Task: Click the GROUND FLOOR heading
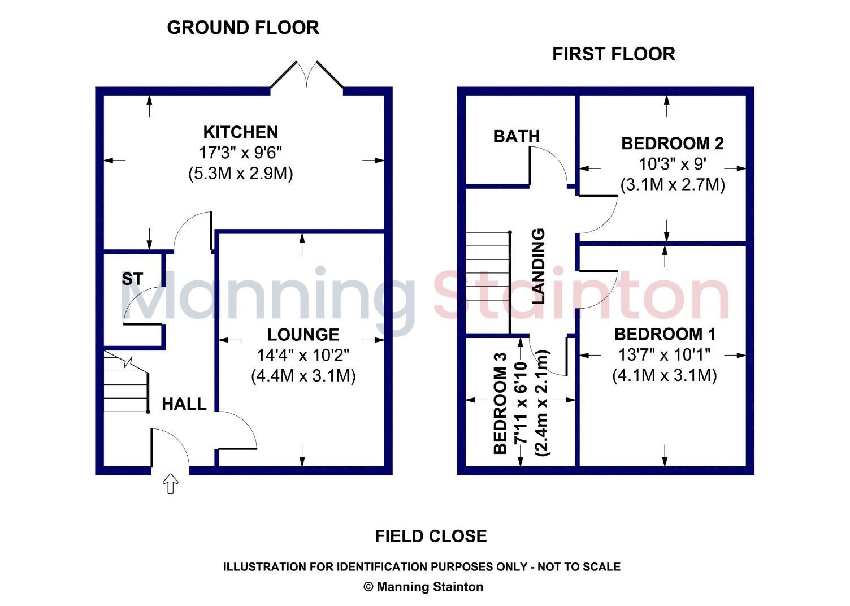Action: (243, 28)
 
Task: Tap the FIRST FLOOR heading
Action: (613, 54)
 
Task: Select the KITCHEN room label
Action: (241, 132)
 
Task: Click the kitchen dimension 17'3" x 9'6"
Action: (240, 153)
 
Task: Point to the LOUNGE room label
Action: (303, 335)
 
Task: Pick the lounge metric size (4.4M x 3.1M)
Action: (303, 376)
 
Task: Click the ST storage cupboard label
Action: (132, 279)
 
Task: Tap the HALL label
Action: (184, 404)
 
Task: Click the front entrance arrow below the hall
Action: (171, 484)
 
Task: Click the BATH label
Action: (516, 136)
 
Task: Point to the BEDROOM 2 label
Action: (672, 144)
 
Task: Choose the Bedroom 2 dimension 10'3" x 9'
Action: (672, 164)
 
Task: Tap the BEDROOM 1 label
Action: (665, 334)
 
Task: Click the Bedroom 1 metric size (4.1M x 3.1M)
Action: (665, 376)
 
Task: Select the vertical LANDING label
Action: (539, 266)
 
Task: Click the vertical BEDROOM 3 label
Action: (500, 403)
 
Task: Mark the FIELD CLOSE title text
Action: (431, 536)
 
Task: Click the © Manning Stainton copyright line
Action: (423, 587)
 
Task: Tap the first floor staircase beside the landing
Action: (487, 283)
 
